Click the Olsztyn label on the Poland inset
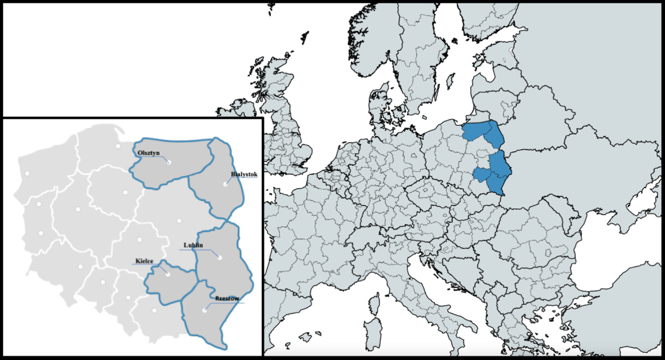tap(148, 152)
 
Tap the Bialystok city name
tap(244, 174)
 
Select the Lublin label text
tap(193, 245)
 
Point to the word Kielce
tap(144, 261)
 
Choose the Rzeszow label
tap(227, 299)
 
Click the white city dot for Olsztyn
tap(169, 162)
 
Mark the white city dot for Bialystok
tap(225, 184)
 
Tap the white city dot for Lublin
tap(220, 257)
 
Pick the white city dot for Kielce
tap(168, 274)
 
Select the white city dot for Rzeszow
tap(205, 310)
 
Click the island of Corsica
tap(374, 305)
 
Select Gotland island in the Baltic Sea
tap(450, 81)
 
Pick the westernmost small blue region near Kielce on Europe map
tap(480, 175)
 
